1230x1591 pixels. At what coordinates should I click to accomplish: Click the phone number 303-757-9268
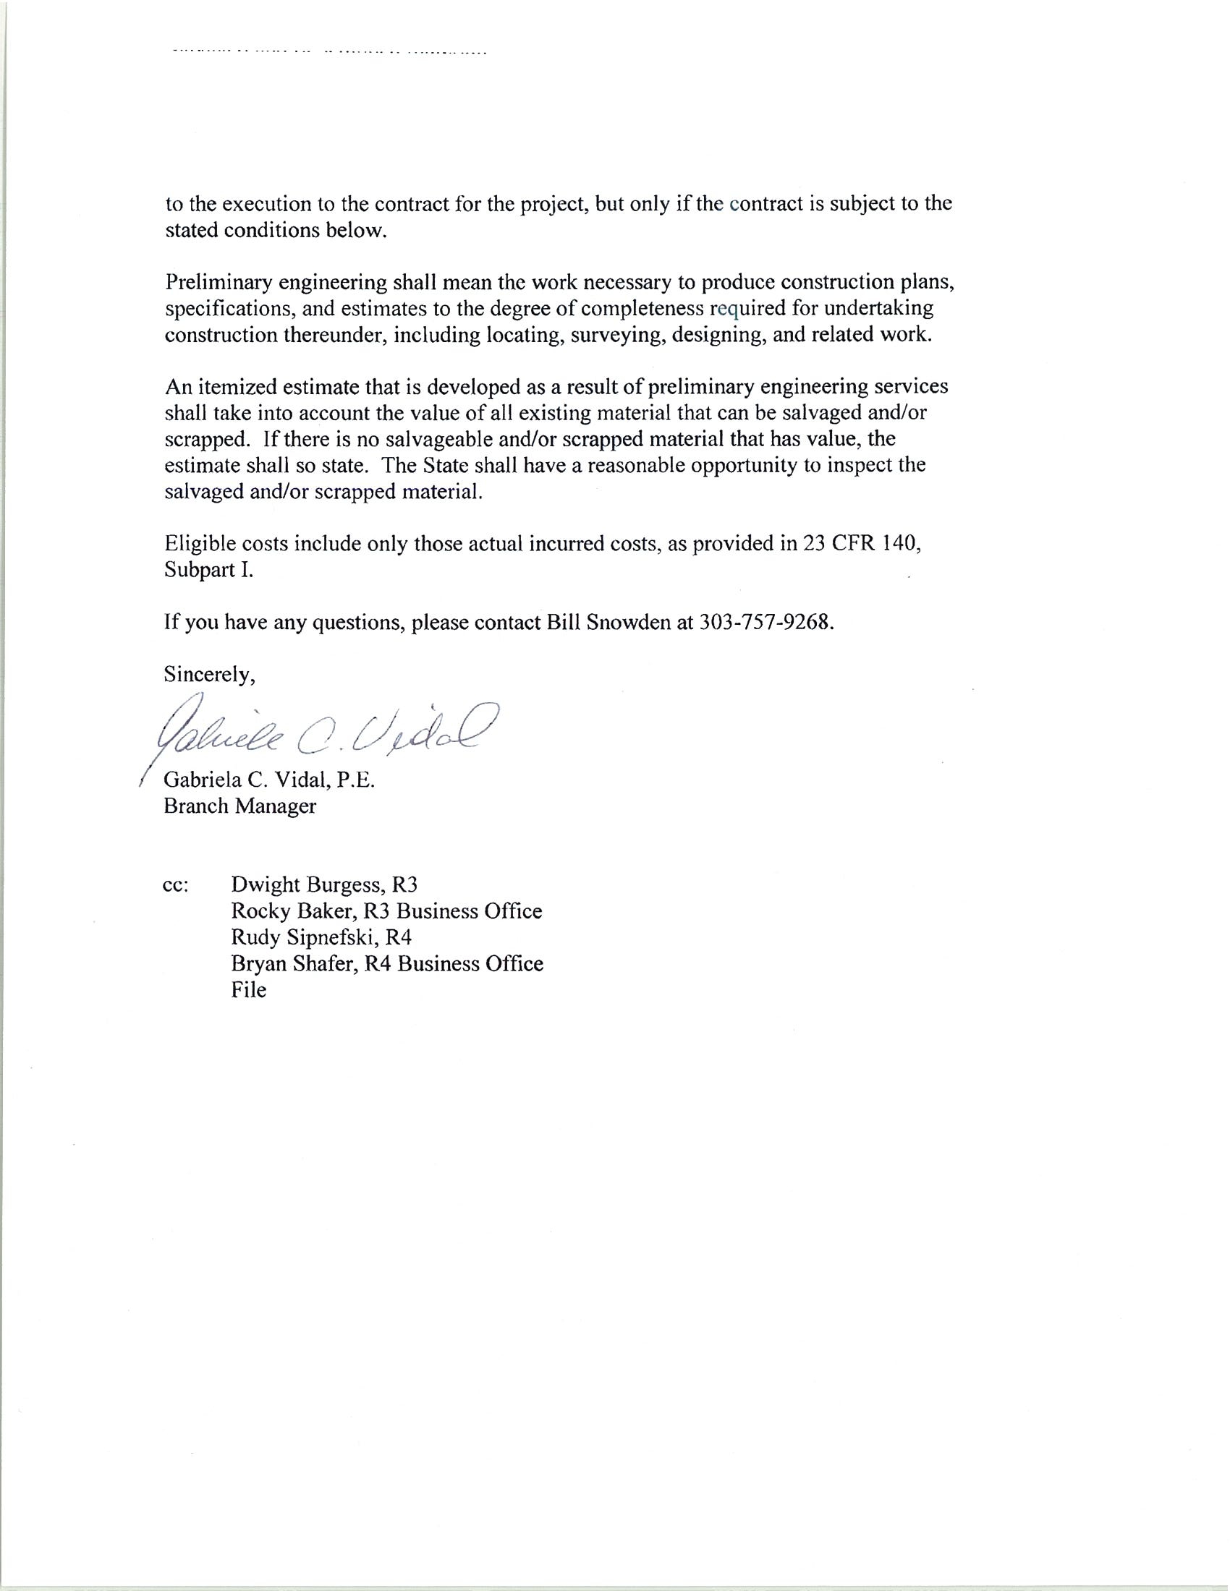[x=764, y=623]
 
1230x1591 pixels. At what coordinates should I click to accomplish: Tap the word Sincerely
[x=209, y=675]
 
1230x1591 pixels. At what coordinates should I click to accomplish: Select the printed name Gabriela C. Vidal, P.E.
[x=269, y=780]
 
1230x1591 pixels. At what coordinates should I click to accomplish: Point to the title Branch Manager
[x=239, y=806]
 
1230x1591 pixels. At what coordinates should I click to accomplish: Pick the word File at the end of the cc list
[x=248, y=990]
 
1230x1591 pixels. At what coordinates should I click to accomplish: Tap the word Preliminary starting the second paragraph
[x=217, y=283]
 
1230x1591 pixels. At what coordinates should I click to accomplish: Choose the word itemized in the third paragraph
[x=237, y=387]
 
